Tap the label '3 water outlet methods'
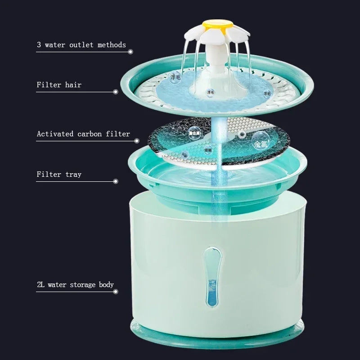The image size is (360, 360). pyautogui.click(x=81, y=45)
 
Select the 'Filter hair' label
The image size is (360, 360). pyautogui.click(x=59, y=85)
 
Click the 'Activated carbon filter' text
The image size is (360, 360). pyautogui.click(x=83, y=134)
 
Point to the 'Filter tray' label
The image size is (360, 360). pyautogui.click(x=59, y=174)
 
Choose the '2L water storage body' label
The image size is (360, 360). pyautogui.click(x=75, y=284)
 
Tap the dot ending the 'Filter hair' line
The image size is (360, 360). pyautogui.click(x=116, y=92)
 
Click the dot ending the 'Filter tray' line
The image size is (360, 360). pyautogui.click(x=116, y=181)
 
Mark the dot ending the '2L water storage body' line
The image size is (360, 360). pyautogui.click(x=116, y=292)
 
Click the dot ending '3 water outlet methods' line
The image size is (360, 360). pyautogui.click(x=130, y=52)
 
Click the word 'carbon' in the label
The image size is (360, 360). pyautogui.click(x=90, y=134)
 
